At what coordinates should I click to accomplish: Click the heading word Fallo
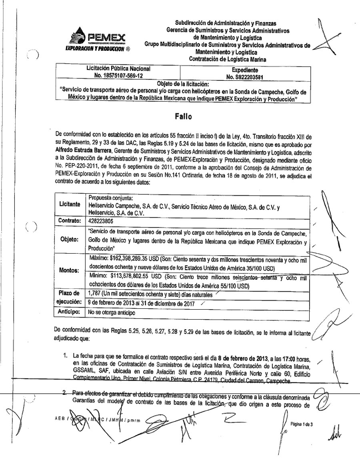coord(183,116)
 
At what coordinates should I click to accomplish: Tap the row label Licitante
coord(70,204)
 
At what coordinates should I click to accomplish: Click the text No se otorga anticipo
coord(112,312)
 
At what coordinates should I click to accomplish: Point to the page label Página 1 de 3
coord(302,423)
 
